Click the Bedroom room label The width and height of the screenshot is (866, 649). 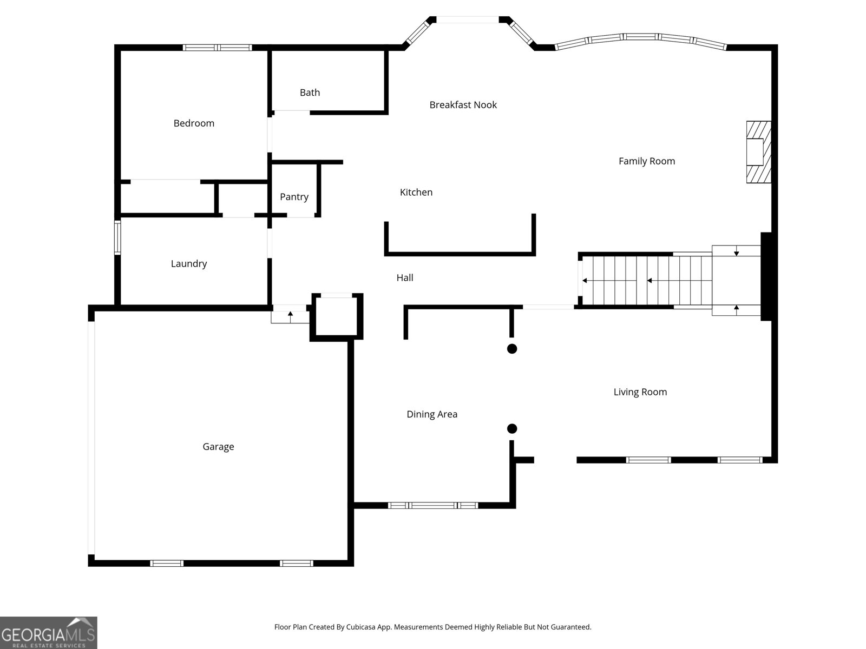point(194,123)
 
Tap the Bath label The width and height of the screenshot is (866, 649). point(310,92)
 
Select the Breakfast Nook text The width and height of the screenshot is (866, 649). point(463,105)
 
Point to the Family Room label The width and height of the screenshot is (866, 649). point(647,161)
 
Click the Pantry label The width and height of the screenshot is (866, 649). point(294,197)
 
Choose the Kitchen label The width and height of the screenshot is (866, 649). point(416,193)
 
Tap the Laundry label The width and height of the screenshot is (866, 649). point(188,264)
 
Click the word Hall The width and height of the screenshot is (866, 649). point(405,278)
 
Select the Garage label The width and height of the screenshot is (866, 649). point(218,447)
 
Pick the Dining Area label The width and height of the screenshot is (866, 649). point(432,414)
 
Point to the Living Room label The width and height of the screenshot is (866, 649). point(640,392)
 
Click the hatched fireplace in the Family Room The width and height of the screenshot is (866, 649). point(758,152)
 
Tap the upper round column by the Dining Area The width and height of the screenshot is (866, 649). point(511,349)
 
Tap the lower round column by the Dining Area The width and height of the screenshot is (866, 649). point(511,429)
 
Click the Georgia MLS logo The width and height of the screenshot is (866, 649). point(49,633)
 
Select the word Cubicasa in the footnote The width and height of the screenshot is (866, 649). point(360,627)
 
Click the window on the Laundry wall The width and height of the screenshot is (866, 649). point(117,237)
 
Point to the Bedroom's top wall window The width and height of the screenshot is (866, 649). point(217,48)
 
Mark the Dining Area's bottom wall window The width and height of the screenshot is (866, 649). point(433,506)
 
